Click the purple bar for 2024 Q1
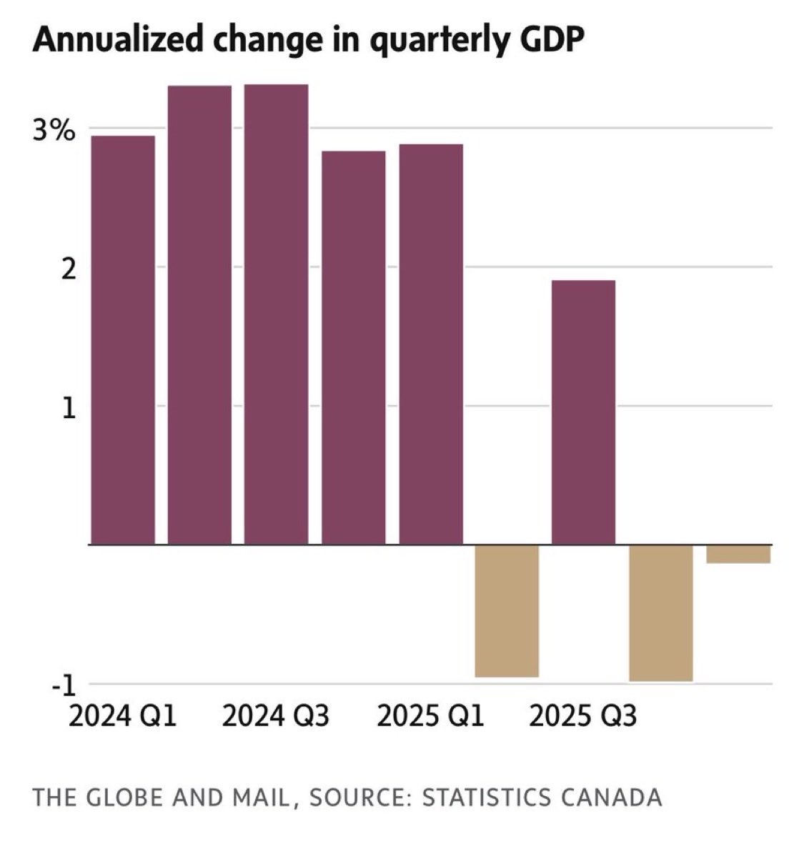(123, 339)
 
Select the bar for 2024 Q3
(276, 314)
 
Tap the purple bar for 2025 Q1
(431, 344)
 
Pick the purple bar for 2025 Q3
(583, 412)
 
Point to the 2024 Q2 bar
(199, 315)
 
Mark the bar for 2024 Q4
(354, 348)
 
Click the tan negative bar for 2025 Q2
(507, 611)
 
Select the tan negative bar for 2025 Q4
(661, 613)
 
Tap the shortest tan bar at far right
(738, 554)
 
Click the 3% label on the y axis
(54, 131)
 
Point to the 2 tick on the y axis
(68, 269)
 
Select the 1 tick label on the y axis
(69, 409)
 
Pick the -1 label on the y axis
(64, 686)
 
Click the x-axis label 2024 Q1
(123, 716)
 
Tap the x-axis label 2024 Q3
(276, 716)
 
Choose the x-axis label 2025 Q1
(430, 716)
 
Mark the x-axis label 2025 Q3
(583, 716)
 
